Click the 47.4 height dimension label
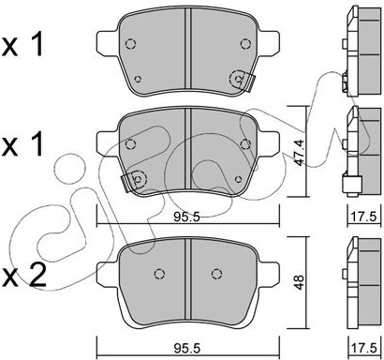point(299,153)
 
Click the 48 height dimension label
point(299,282)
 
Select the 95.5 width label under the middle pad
point(186,217)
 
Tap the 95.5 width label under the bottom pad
point(186,348)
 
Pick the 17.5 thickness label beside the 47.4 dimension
point(364,216)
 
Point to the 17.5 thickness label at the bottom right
point(364,348)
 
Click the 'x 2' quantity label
point(23,275)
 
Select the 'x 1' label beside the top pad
point(22,45)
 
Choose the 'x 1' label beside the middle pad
point(22,143)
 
